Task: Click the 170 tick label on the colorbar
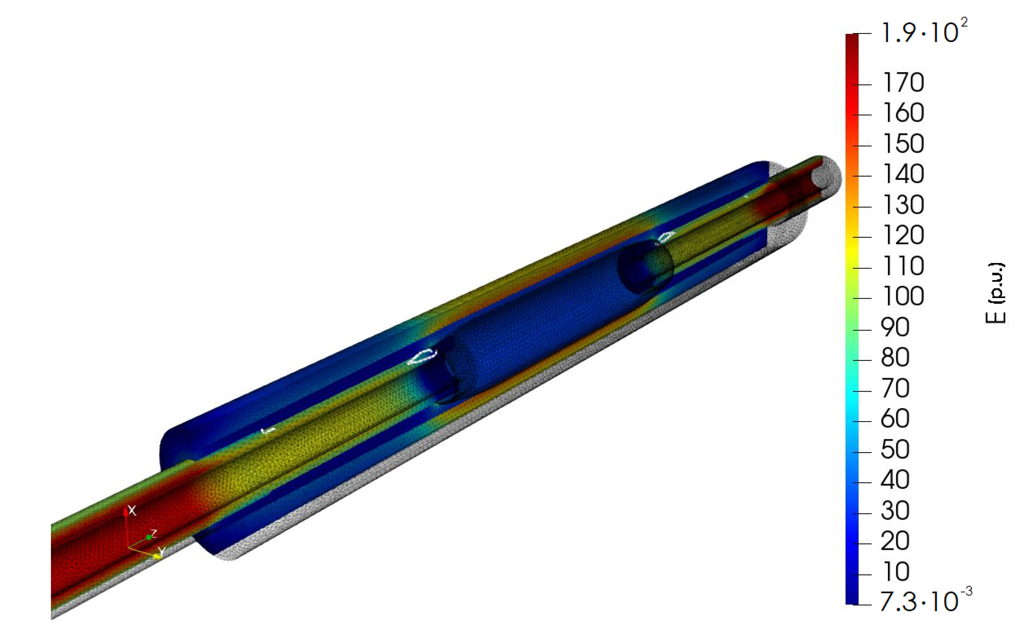coord(903,82)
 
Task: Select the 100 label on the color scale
coord(903,296)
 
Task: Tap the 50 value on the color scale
coord(895,449)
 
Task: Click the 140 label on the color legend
coord(903,174)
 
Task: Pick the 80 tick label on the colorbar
coord(895,357)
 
